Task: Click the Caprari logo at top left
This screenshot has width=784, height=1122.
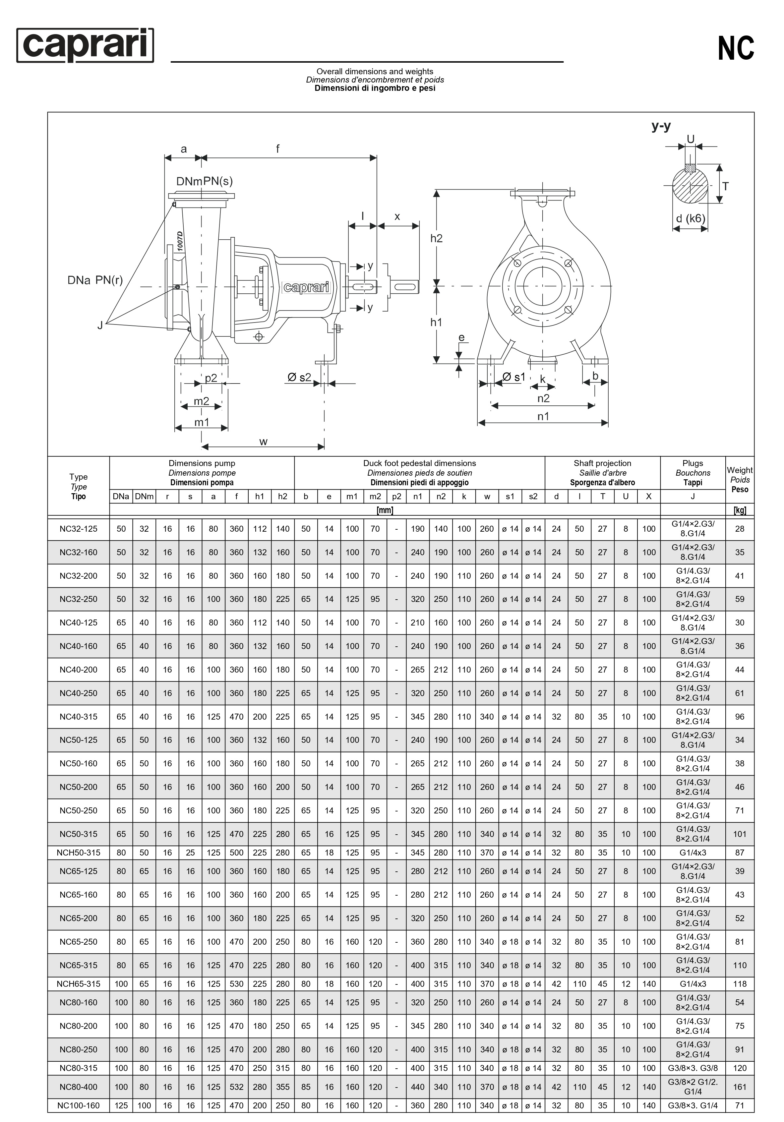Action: click(x=85, y=45)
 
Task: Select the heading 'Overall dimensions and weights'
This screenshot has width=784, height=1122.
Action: click(x=375, y=71)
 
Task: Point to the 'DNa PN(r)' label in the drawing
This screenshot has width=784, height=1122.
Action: click(x=95, y=280)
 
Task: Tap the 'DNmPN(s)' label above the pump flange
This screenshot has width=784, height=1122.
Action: click(x=205, y=181)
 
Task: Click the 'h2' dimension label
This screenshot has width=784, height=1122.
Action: click(x=436, y=238)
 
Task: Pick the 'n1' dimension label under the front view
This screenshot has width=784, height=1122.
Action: click(x=543, y=416)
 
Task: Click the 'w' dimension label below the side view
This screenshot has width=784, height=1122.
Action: click(x=264, y=442)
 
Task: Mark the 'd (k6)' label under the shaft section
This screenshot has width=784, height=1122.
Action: click(x=691, y=218)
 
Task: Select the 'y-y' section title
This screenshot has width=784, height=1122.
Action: click(x=661, y=126)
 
